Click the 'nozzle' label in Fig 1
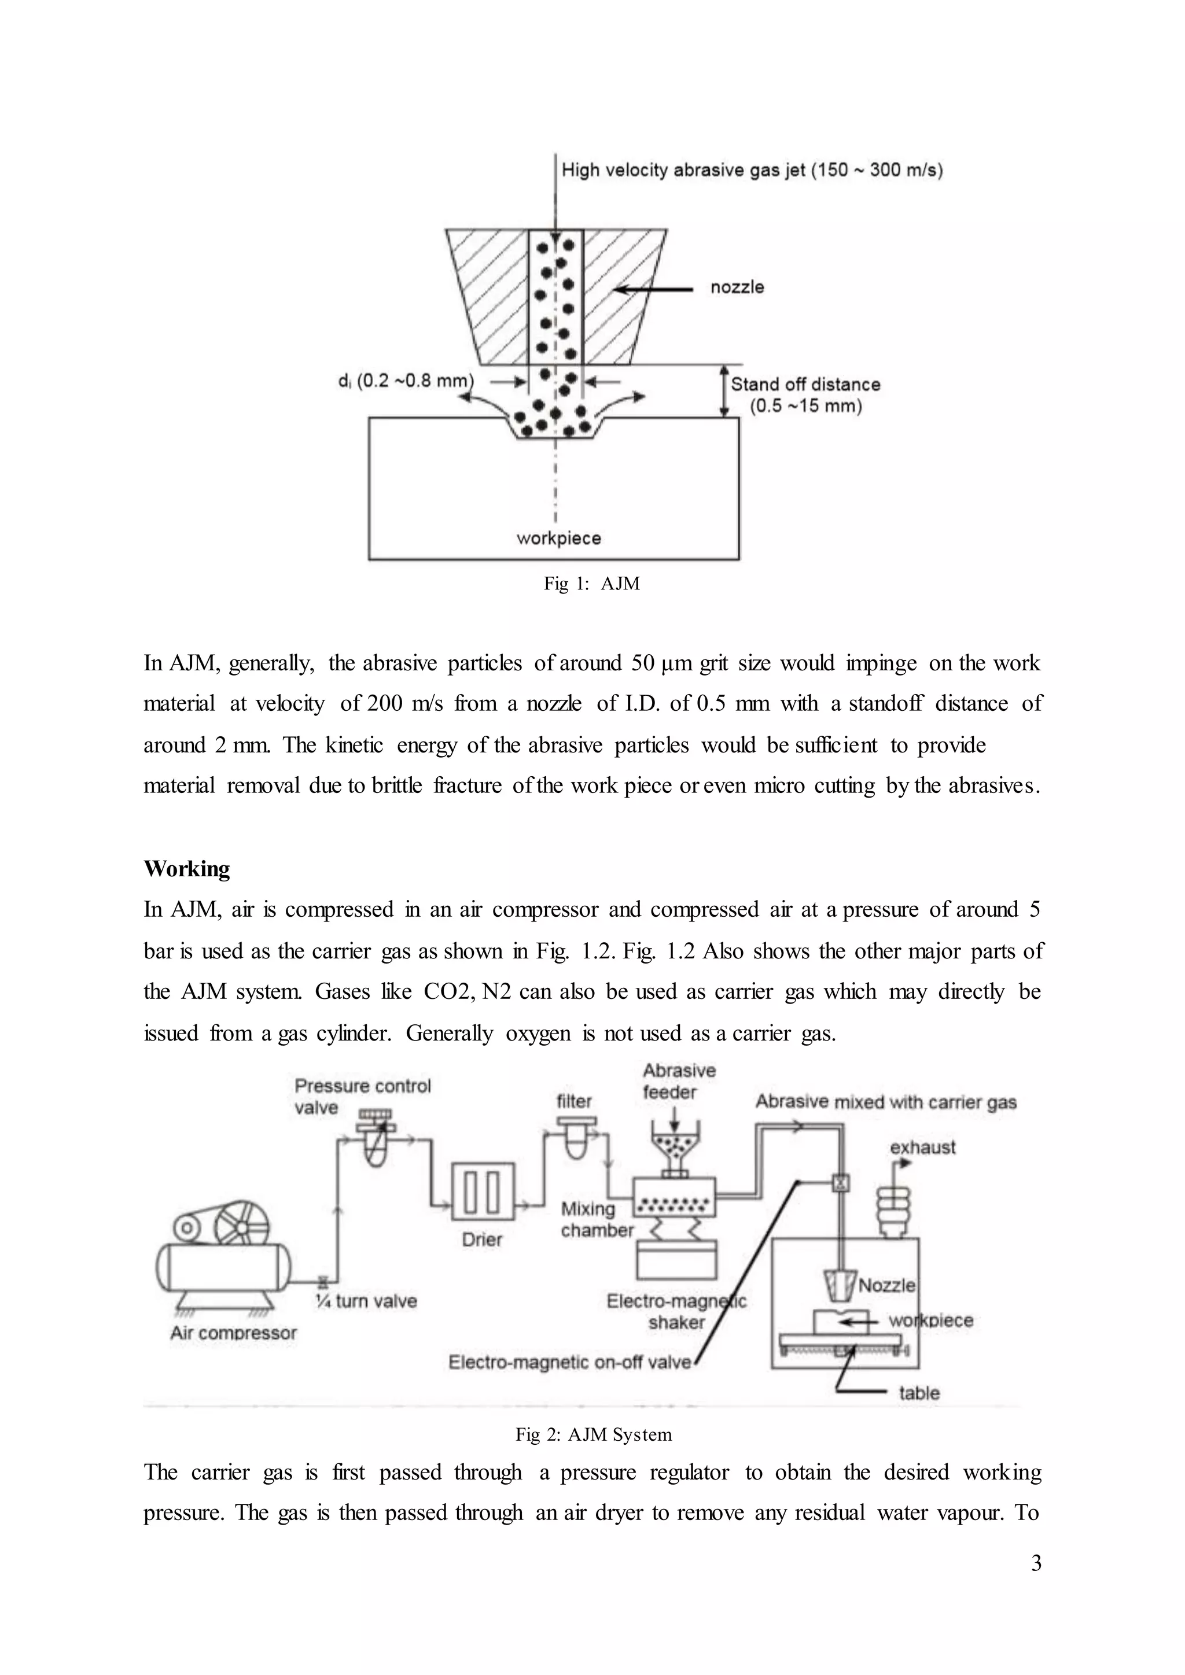click(x=737, y=287)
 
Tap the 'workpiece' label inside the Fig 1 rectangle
click(x=558, y=538)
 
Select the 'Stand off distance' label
click(x=805, y=385)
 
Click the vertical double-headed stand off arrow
click(x=724, y=392)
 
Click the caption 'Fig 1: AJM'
click(x=592, y=584)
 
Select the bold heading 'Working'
click(x=187, y=869)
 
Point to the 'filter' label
click(x=574, y=1101)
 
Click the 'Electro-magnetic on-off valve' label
click(x=569, y=1362)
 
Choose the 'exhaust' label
click(x=922, y=1148)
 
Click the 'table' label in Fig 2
click(x=919, y=1393)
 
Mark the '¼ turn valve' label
click(x=366, y=1301)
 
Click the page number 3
click(x=1036, y=1563)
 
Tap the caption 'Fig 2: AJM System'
click(x=593, y=1434)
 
